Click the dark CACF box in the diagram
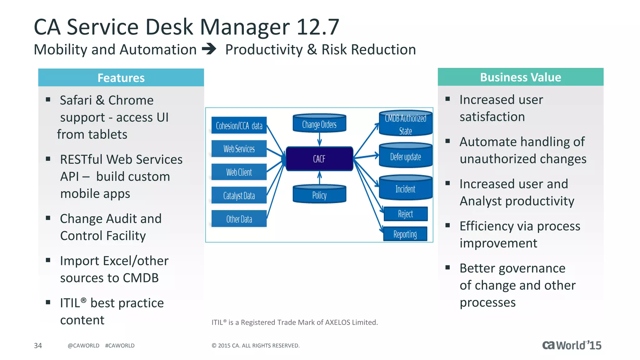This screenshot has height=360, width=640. click(319, 159)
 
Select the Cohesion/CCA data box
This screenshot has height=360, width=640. click(239, 125)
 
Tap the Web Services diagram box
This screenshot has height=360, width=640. click(239, 149)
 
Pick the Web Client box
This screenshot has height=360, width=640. click(239, 172)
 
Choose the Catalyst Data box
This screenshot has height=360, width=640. click(239, 196)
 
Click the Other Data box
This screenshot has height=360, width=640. click(239, 219)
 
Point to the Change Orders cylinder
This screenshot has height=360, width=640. click(319, 124)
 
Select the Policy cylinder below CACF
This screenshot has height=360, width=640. click(319, 195)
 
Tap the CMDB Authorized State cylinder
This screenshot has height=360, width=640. click(405, 124)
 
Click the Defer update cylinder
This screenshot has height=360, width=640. click(405, 156)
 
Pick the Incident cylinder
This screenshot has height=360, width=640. click(405, 188)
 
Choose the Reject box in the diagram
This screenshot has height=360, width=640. click(405, 214)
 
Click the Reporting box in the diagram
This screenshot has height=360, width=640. click(405, 234)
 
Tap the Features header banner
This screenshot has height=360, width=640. click(121, 77)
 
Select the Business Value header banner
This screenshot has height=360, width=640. click(520, 77)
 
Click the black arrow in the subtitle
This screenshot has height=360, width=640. click(209, 49)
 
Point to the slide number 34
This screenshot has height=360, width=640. click(38, 345)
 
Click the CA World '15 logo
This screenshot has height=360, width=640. click(572, 345)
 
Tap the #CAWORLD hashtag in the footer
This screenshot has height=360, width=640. click(120, 345)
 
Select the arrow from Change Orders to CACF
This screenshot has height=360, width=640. click(319, 139)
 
